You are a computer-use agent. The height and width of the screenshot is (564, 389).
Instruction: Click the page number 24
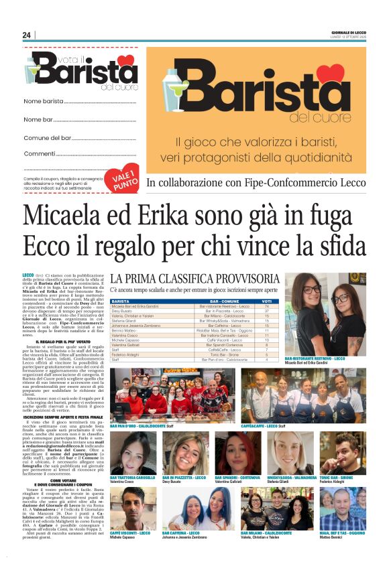26,36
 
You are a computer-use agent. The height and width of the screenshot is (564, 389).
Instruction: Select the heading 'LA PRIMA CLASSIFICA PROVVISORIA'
205,278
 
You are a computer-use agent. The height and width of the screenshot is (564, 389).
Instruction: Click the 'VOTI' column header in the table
266,301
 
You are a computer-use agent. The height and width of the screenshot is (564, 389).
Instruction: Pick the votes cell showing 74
266,306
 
